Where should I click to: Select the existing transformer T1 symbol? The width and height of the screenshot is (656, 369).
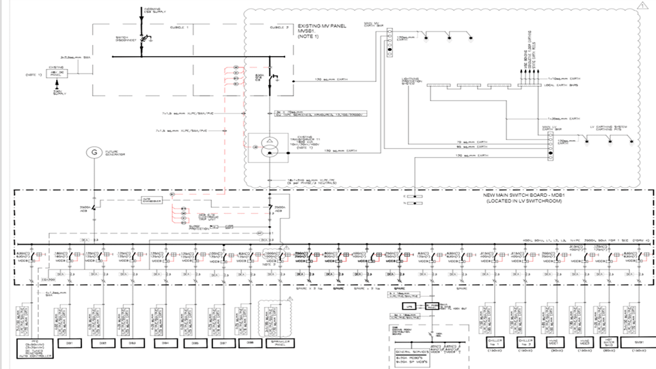pyautogui.click(x=270, y=146)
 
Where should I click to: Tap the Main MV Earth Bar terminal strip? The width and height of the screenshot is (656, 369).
pyautogui.click(x=389, y=40)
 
